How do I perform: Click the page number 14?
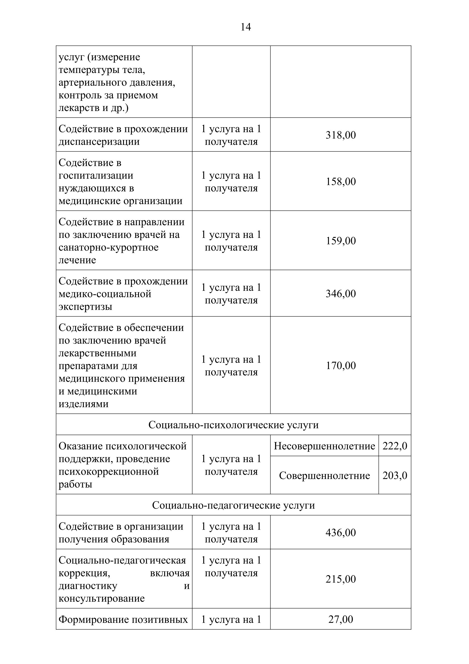point(246,27)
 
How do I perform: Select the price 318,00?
point(341,135)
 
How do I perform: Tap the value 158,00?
point(341,182)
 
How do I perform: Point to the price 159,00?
point(341,241)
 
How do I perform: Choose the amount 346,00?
point(341,294)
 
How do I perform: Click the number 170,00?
point(341,366)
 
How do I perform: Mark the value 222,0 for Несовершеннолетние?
point(395,446)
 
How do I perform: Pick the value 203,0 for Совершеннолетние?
point(395,476)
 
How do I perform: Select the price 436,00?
point(341,532)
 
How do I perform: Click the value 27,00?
point(341,619)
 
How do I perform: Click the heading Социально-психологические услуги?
point(233,425)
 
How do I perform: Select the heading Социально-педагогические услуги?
point(233,505)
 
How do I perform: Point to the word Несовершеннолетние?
point(324,446)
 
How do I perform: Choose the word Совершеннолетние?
point(324,476)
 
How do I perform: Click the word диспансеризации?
point(99,142)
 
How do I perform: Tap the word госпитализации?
point(96,175)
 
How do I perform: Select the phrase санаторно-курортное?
point(109,248)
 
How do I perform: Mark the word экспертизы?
point(85,307)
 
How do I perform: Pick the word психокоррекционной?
point(109,472)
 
